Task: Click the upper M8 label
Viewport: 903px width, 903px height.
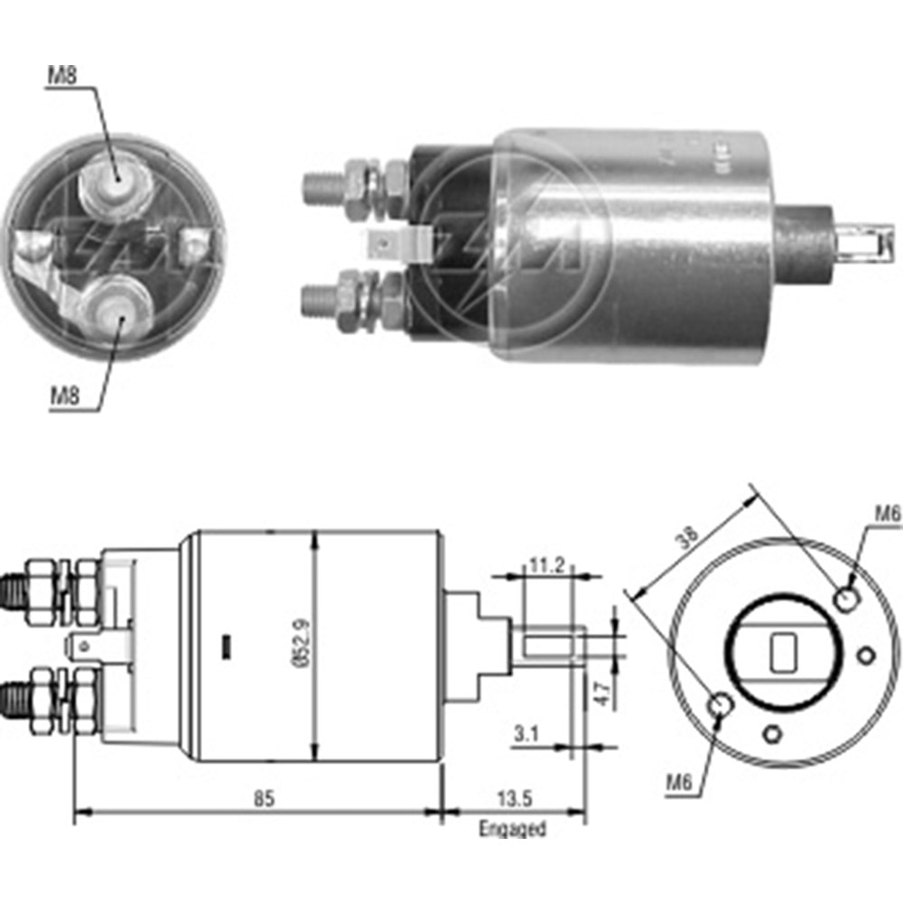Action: point(63,76)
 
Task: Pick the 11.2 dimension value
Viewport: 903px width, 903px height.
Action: point(546,566)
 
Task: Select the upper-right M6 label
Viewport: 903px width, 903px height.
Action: point(888,514)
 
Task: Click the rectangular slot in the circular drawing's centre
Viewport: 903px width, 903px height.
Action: point(782,652)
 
